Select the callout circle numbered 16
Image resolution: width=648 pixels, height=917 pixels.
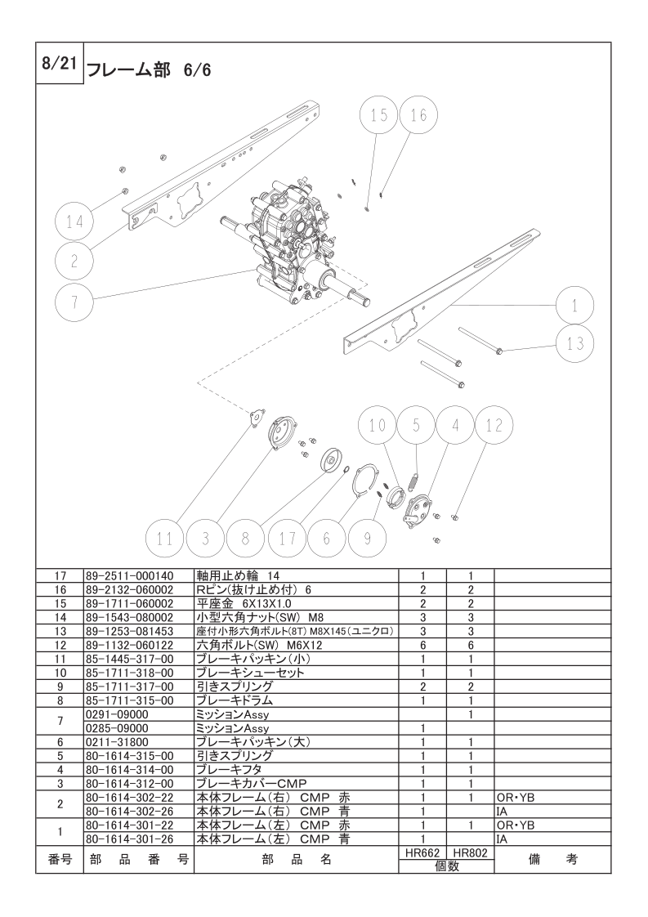418,116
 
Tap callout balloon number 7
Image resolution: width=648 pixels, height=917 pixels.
74,302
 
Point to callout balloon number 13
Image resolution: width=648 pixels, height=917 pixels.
575,344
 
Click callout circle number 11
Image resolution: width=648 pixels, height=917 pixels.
165,539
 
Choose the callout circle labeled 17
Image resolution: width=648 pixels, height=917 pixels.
287,539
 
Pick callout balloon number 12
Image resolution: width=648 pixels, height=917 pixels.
494,425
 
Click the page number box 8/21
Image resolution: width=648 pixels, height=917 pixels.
57,64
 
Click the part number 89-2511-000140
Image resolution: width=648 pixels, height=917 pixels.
129,575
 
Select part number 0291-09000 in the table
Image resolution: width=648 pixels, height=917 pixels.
117,714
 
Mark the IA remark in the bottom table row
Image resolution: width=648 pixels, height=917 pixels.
503,839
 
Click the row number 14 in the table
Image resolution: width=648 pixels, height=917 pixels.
59,617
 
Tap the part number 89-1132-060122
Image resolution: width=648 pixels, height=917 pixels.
129,645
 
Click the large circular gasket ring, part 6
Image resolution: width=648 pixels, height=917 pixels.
364,481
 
